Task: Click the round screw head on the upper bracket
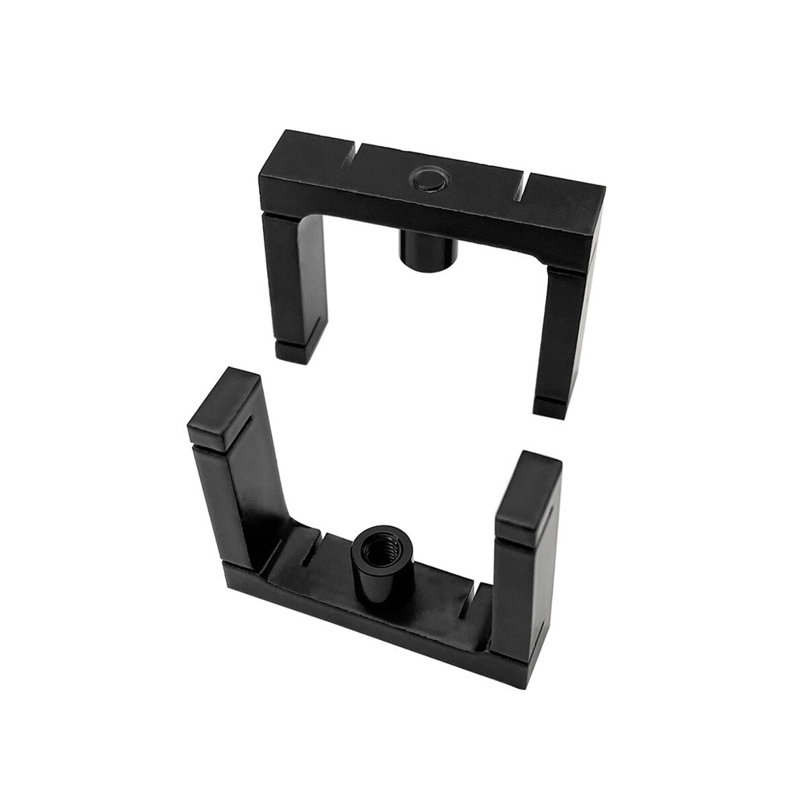(428, 179)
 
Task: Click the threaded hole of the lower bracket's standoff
(382, 550)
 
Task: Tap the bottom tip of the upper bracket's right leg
(552, 408)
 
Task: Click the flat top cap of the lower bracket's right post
(529, 495)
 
